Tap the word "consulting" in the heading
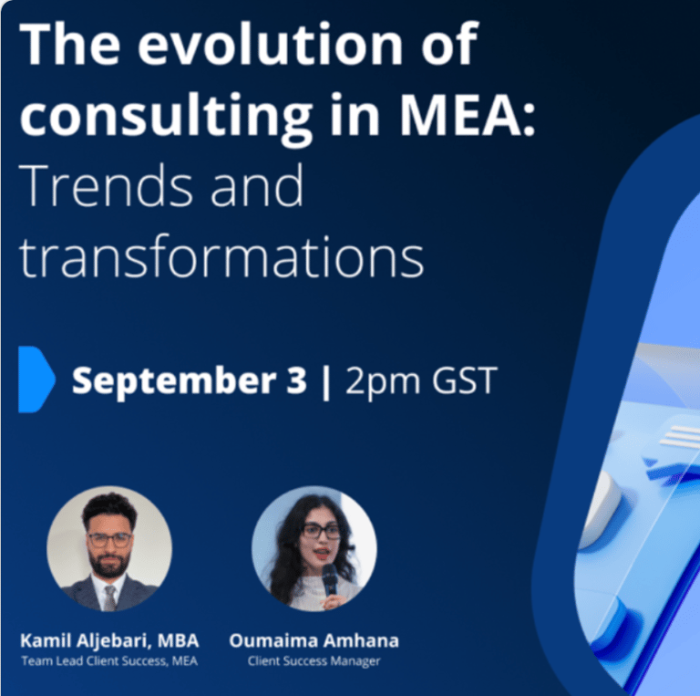166,116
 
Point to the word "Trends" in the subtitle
106,185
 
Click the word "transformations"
221,257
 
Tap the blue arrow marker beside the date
36,379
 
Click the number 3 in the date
296,380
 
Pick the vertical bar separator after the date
326,383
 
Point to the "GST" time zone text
464,380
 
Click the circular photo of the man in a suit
109,548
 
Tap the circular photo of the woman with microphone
314,548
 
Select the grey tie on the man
109,597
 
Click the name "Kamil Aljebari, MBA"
109,641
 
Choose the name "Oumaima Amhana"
314,640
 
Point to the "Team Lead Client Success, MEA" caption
109,660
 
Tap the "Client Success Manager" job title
314,661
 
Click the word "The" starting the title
69,44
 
